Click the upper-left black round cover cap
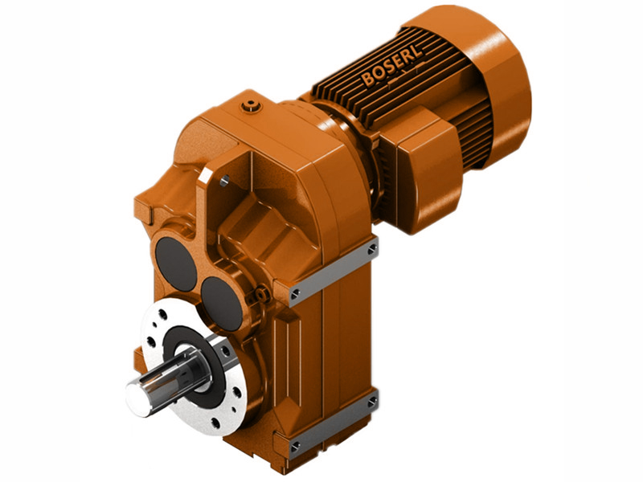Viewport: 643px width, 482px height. pos(175,263)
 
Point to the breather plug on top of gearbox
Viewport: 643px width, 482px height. pos(252,105)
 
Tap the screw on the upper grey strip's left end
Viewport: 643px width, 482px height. pos(295,292)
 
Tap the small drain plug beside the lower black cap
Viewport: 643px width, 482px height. pos(259,298)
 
